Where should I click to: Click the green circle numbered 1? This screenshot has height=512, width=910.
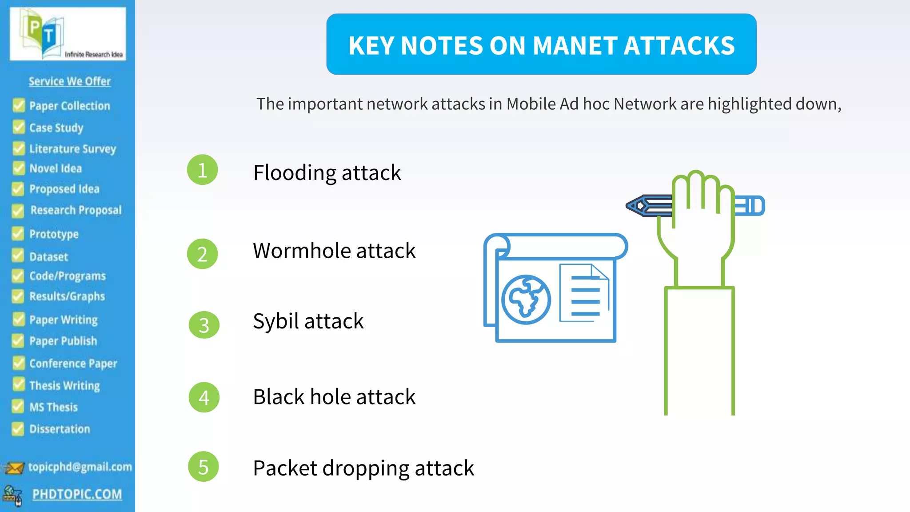203,170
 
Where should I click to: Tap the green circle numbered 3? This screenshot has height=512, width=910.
204,325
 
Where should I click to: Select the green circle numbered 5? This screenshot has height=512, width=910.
204,467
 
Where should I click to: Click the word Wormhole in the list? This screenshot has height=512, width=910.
302,251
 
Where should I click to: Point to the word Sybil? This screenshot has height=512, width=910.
275,321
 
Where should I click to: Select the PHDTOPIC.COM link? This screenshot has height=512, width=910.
77,494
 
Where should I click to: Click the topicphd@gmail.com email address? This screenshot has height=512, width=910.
80,467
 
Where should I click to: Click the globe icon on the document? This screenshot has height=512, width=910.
526,299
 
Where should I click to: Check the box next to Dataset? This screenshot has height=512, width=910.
18,256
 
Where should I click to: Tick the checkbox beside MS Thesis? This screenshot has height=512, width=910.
18,406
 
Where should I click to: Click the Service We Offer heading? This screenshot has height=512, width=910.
70,81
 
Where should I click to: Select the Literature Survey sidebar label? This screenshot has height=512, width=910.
72,148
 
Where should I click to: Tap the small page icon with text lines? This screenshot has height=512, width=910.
584,293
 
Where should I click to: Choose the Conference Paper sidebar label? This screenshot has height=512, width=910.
73,364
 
